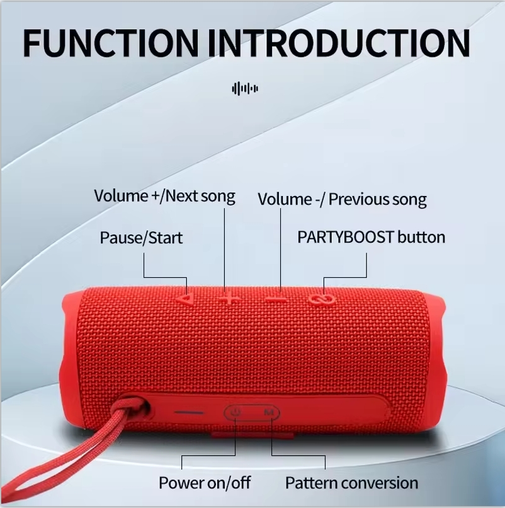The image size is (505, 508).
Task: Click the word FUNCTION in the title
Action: point(110,43)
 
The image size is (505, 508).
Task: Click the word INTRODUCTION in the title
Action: point(339,43)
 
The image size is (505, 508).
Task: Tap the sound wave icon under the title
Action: point(245,88)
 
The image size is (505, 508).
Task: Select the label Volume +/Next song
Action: point(164,196)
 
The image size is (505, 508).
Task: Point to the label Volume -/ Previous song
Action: point(342,199)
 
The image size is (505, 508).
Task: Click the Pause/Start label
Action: point(141,238)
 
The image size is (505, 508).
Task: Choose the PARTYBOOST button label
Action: point(371,237)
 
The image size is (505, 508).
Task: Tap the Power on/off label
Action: point(205,483)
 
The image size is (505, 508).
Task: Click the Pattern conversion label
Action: point(351,483)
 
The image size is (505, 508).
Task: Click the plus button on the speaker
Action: point(229,298)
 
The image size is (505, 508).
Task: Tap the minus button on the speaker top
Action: point(276,299)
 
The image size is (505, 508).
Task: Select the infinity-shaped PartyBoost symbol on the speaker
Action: point(322,299)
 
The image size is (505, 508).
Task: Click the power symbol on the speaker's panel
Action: point(235,412)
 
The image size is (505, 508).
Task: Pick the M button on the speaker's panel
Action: point(269,412)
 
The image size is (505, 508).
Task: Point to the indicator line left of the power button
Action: point(189,412)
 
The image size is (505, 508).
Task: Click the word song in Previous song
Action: point(409,200)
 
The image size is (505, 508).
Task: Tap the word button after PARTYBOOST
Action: point(421,237)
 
